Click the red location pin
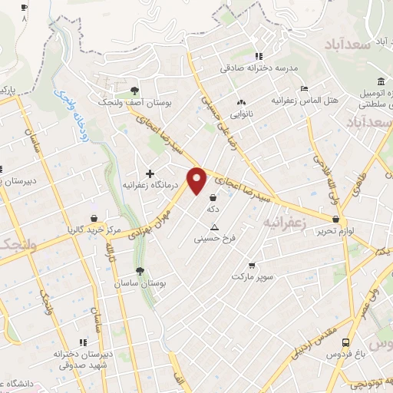point(198,180)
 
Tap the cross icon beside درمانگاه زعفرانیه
point(150,173)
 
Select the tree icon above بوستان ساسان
point(139,271)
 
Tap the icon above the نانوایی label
point(242,101)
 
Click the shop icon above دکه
point(212,197)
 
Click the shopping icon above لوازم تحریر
point(336,220)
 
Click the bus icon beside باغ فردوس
point(346,343)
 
